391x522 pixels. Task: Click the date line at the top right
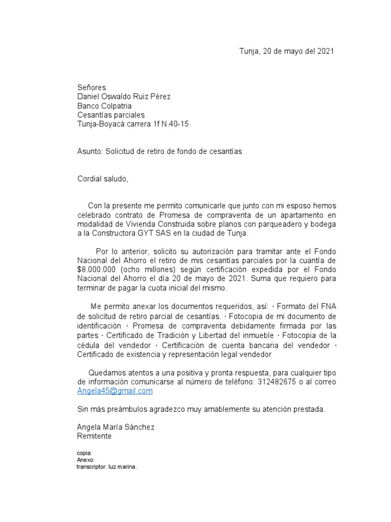(x=287, y=51)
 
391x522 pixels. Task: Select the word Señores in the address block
(x=92, y=88)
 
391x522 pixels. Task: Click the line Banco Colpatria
(x=104, y=106)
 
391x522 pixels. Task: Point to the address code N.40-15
(x=174, y=124)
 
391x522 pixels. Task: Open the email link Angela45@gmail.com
(x=115, y=391)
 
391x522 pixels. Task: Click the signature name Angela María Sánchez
(x=116, y=427)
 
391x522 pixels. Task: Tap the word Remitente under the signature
(x=94, y=436)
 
